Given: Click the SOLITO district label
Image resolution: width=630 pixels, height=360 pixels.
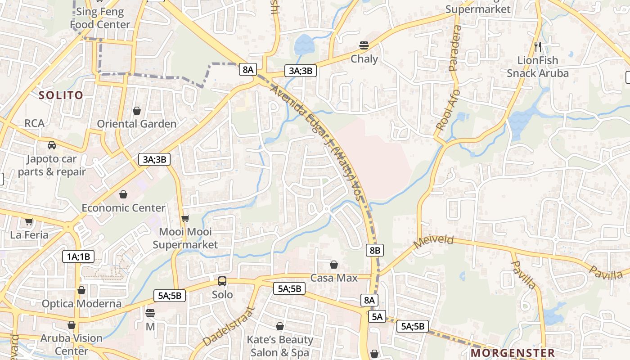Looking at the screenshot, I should click(61, 95).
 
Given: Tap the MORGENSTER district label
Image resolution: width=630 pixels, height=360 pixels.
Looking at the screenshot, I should click(513, 353).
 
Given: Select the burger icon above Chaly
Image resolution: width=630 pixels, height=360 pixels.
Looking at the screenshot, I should click(364, 45).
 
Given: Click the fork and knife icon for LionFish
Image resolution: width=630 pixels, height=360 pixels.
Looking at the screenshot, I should click(537, 46).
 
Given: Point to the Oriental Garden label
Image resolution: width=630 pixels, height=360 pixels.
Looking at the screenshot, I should click(137, 124).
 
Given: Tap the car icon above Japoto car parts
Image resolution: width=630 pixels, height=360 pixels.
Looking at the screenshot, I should click(52, 145).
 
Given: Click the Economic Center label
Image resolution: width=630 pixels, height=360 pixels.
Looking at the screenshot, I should click(123, 208).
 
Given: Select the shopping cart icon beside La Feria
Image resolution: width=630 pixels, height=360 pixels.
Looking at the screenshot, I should click(29, 221).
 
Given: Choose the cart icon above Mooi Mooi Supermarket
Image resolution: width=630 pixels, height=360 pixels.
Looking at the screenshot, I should click(185, 219).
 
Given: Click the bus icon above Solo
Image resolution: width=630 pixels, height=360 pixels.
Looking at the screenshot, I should click(222, 281).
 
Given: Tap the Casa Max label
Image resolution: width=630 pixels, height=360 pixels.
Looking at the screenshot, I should click(334, 278).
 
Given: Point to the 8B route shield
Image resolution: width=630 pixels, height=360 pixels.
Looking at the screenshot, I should click(374, 250).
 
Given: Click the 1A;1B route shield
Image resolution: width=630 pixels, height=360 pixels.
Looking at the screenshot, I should click(78, 257).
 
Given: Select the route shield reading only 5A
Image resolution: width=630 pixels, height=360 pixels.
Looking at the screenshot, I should click(377, 317).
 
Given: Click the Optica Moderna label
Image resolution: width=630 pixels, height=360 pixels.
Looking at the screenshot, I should click(81, 304).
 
